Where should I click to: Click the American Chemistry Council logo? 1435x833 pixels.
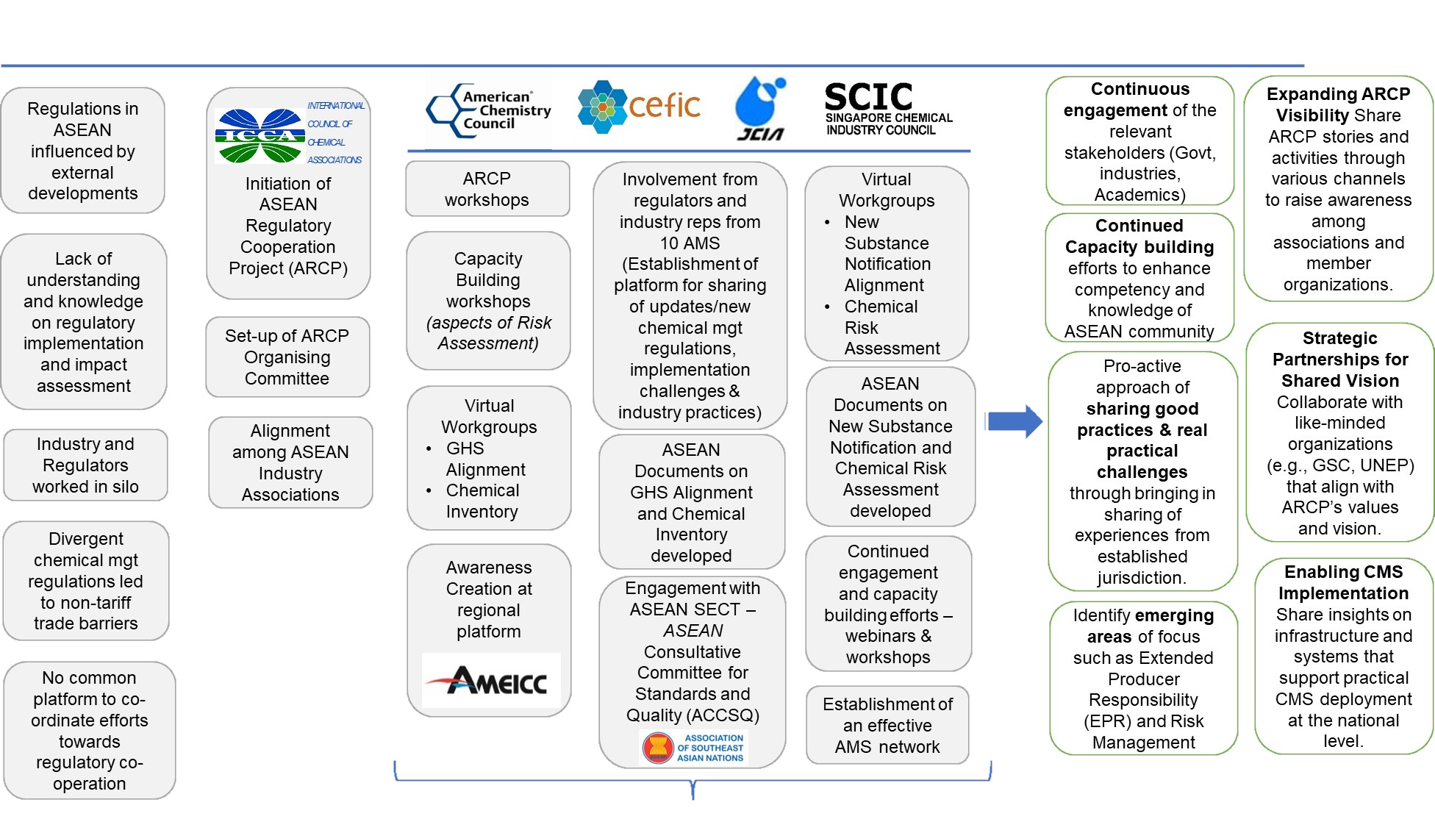pyautogui.click(x=489, y=110)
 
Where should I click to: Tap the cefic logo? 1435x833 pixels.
pyautogui.click(x=639, y=107)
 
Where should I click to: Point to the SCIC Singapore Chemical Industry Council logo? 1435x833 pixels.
pyautogui.click(x=888, y=109)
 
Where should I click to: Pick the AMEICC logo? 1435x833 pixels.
pyautogui.click(x=491, y=680)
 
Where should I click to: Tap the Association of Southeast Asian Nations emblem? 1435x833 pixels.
pyautogui.click(x=694, y=748)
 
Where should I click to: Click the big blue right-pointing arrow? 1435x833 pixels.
pyautogui.click(x=1015, y=421)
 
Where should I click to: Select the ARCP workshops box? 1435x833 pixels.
pyautogui.click(x=487, y=189)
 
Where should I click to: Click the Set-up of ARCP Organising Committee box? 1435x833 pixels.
pyautogui.click(x=287, y=357)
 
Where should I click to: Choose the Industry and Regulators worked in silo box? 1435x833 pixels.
pyautogui.click(x=85, y=465)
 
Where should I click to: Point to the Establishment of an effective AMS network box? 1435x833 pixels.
pyautogui.click(x=887, y=726)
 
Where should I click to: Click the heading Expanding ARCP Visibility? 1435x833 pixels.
pyautogui.click(x=1338, y=104)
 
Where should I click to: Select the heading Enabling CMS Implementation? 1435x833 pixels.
pyautogui.click(x=1343, y=582)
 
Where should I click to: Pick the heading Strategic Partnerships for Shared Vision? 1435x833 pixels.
pyautogui.click(x=1340, y=360)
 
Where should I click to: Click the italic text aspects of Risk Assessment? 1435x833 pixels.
pyautogui.click(x=488, y=333)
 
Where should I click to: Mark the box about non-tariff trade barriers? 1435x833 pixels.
pyautogui.click(x=86, y=581)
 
